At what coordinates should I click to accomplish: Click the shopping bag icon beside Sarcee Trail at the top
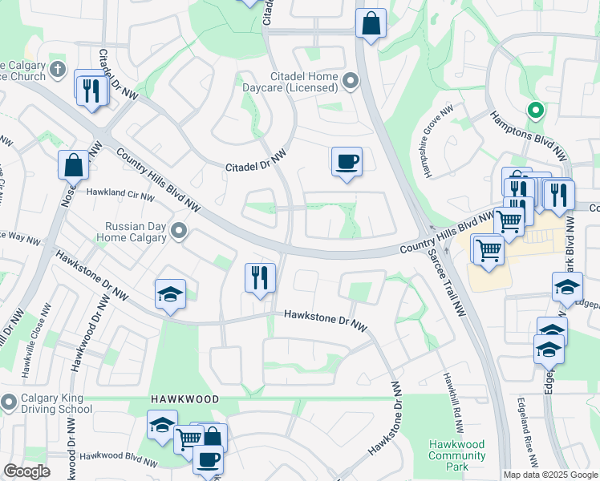[x=371, y=24]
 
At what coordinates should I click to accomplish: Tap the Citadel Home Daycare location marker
[x=350, y=80]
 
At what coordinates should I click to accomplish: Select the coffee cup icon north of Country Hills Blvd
[x=347, y=162]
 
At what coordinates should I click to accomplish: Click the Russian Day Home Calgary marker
[x=179, y=232]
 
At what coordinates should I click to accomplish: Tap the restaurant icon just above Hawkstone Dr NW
[x=260, y=278]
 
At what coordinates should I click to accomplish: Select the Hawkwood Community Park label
[x=456, y=451]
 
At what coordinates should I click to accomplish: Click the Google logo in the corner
[x=26, y=471]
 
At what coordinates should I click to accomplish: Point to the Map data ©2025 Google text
[x=549, y=475]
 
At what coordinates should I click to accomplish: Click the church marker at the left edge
[x=56, y=70]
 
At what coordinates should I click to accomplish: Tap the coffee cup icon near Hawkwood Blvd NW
[x=209, y=459]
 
